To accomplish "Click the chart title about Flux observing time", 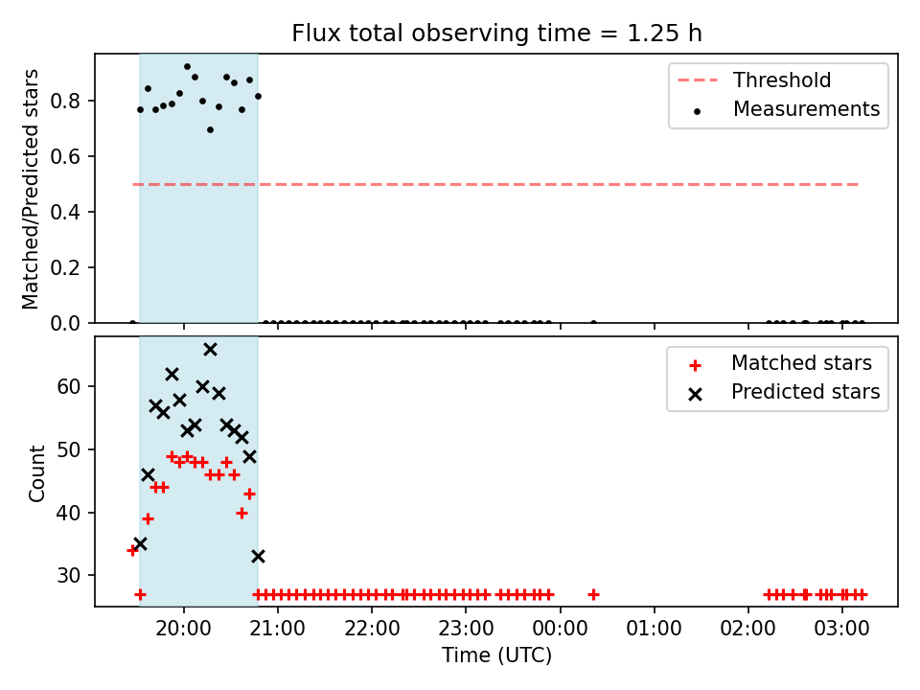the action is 496,34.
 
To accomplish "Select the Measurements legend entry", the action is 785,109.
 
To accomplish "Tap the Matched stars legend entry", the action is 780,363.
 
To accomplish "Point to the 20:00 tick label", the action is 184,629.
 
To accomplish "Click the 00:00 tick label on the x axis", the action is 560,629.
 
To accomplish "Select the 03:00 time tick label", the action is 842,629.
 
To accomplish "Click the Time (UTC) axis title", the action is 496,655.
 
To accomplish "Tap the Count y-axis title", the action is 37,473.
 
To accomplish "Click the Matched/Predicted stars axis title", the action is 30,189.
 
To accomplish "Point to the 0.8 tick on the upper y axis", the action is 64,102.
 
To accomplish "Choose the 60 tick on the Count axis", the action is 68,386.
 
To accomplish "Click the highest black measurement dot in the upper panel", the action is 187,67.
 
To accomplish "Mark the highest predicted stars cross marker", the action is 210,350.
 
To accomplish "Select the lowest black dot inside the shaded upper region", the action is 210,129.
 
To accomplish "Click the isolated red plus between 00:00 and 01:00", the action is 593,595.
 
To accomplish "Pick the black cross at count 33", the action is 258,556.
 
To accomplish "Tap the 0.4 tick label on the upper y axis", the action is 64,213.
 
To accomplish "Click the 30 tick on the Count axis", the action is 68,576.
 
